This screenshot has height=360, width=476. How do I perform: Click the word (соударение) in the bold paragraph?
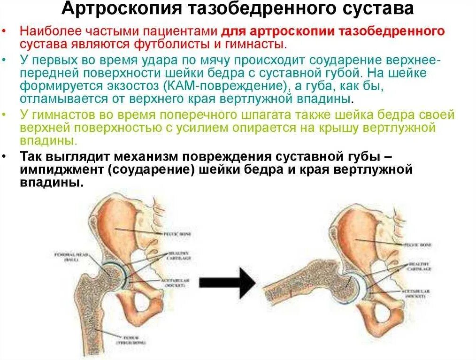coord(150,169)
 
